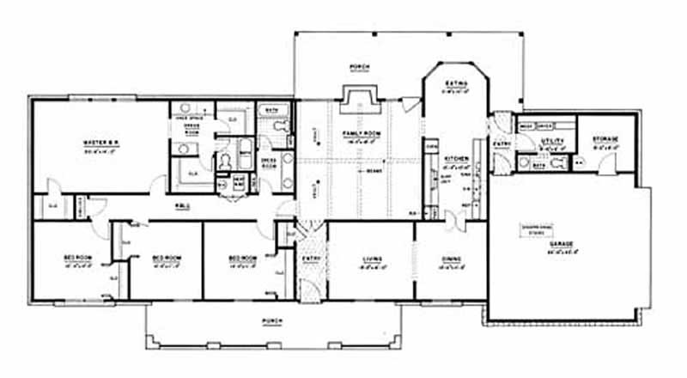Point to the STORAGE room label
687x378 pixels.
point(605,138)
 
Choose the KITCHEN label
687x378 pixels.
point(454,158)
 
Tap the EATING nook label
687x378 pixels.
point(455,83)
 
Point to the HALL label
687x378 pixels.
point(182,207)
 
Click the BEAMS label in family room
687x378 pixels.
point(372,171)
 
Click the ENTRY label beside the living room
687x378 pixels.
point(312,258)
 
